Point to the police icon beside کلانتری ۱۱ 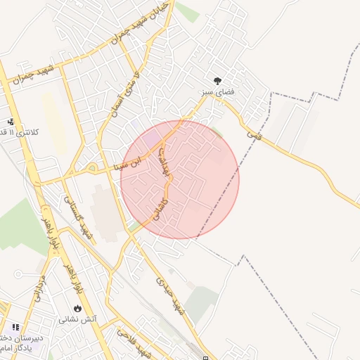10,121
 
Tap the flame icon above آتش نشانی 77,308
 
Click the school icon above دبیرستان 15,327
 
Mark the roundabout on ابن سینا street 92,169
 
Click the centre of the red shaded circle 180,179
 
